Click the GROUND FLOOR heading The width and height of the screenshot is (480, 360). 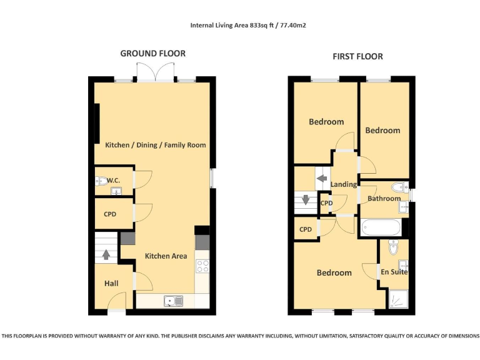point(152,54)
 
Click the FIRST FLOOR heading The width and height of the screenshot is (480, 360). point(357,56)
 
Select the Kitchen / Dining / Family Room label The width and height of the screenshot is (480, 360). point(155,145)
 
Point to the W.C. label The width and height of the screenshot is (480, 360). point(113,181)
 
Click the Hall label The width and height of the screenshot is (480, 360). point(111,283)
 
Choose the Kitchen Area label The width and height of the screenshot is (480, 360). point(166,256)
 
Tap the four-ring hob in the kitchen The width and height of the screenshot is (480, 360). point(202,266)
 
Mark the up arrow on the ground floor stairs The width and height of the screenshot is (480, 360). point(106,254)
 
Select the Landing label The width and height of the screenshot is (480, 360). point(344,184)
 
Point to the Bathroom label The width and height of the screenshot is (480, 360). point(384,199)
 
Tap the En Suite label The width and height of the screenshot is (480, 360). point(394,272)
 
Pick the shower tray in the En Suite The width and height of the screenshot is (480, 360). point(397,299)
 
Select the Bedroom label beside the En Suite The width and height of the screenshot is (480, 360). point(334,272)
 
